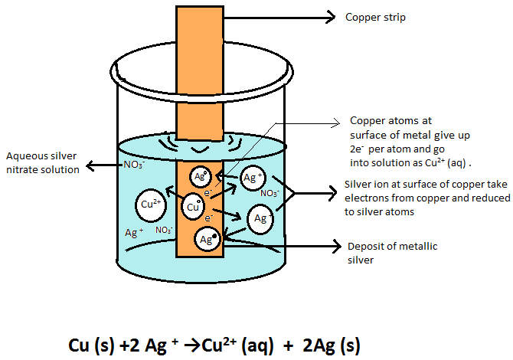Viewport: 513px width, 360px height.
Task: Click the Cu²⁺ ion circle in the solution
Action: pyautogui.click(x=150, y=205)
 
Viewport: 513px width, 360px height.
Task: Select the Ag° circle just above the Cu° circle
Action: pyautogui.click(x=199, y=175)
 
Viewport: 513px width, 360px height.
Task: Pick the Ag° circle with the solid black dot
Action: pyautogui.click(x=207, y=239)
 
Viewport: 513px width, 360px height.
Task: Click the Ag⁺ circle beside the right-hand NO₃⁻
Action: pyautogui.click(x=253, y=178)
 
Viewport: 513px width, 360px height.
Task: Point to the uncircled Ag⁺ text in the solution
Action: pyautogui.click(x=135, y=232)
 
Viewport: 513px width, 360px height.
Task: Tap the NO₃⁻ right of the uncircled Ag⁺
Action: pyautogui.click(x=163, y=229)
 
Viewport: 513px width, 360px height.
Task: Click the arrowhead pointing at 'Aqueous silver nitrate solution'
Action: pyautogui.click(x=90, y=164)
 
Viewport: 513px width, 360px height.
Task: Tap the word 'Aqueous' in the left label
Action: pyautogui.click(x=24, y=156)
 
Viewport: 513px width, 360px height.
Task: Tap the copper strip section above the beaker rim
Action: pyautogui.click(x=199, y=34)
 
